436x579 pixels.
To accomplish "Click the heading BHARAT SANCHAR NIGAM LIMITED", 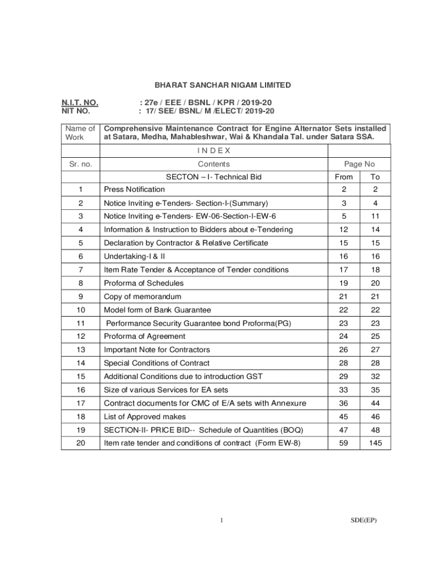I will pos(223,85).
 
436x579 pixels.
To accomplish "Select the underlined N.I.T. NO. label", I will pos(80,102).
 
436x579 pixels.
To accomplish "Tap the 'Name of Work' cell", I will pos(80,133).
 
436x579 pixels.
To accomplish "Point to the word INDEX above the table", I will pos(213,150).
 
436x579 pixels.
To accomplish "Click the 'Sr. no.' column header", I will pos(80,164).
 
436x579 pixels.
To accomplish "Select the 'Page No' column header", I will pos(360,164).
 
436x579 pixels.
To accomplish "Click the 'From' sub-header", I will pos(344,177).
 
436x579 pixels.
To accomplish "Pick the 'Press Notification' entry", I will pos(134,189).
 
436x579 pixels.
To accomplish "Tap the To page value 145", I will pos(375,444).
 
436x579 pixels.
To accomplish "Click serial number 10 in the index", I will pos(80,310).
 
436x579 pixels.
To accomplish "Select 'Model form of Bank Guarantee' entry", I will pos(157,310).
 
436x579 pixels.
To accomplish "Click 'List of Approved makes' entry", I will pos(144,417).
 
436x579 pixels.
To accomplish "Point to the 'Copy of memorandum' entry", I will pos(142,297).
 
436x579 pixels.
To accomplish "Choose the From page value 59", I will pos(344,444).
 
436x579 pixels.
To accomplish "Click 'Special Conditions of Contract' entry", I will pos(156,363).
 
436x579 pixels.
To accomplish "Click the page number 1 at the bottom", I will pos(223,521).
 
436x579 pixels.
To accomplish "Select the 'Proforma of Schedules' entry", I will pos(143,283).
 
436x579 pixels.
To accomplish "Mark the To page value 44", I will pos(375,403).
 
